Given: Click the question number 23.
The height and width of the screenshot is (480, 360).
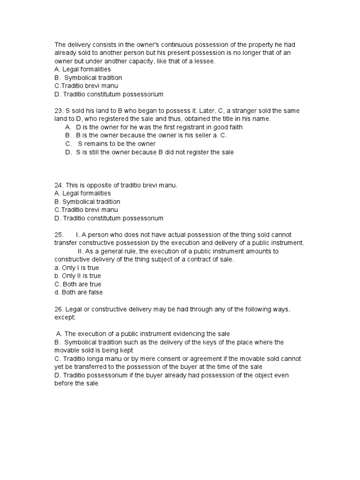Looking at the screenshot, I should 59,111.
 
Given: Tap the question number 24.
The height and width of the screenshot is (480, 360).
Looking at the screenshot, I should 59,185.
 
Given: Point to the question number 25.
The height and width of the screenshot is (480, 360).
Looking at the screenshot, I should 59,234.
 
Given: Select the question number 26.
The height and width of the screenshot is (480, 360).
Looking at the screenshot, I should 59,309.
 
